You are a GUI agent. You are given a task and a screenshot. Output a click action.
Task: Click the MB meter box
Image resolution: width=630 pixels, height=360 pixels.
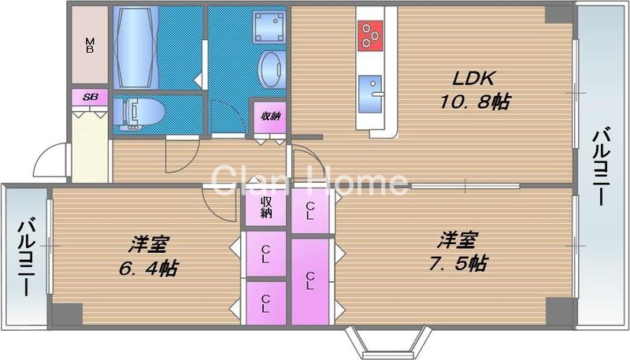point(90,46)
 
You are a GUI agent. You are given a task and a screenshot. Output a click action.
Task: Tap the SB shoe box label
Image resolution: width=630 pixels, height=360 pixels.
point(90,96)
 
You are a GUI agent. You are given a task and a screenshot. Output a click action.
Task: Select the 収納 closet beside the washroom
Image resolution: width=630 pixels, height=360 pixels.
point(269,117)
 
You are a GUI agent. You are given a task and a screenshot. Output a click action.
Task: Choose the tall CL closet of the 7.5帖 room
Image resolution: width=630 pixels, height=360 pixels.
point(310,280)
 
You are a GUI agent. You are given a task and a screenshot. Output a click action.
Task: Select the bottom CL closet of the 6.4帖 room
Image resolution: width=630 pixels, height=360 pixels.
point(265,303)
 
